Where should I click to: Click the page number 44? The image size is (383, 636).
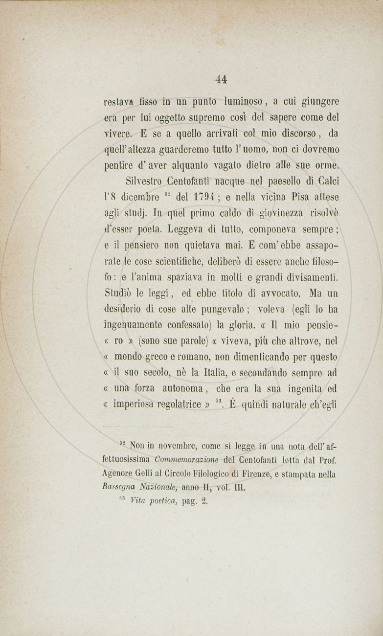221,79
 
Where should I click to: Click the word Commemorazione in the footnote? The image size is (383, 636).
187,460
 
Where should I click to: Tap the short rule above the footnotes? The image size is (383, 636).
138,427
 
